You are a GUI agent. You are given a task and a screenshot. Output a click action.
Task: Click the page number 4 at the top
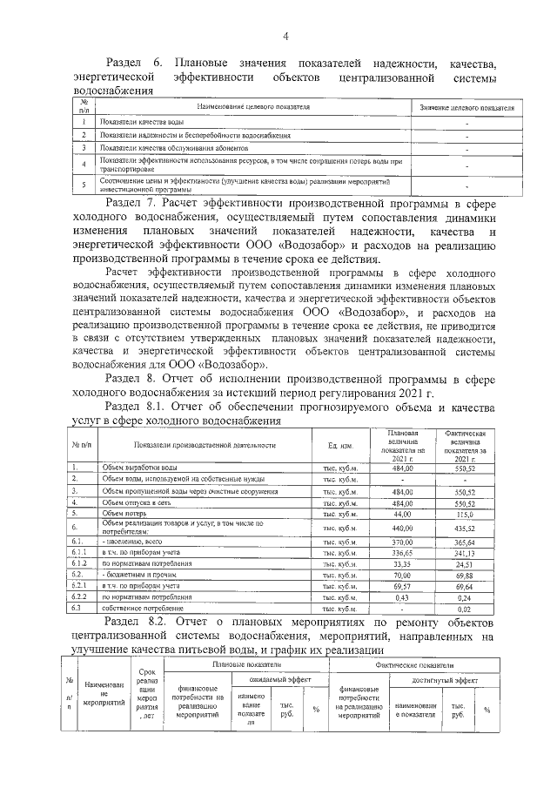[x=284, y=35]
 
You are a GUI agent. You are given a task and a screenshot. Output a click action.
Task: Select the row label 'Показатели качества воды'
[x=141, y=123]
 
